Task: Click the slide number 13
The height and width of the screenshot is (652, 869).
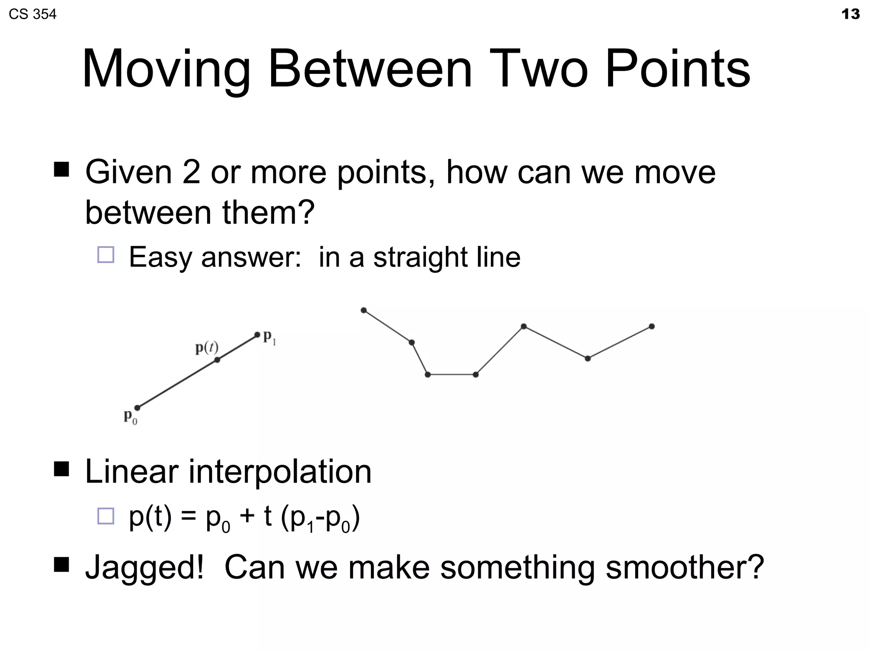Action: point(850,14)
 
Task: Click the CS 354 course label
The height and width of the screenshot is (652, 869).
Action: point(32,14)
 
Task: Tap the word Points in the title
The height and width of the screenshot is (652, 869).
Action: point(678,69)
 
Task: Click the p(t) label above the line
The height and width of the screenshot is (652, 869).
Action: point(207,348)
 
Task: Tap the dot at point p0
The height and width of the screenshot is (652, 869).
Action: point(137,408)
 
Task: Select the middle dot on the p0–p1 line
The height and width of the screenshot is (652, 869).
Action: point(217,360)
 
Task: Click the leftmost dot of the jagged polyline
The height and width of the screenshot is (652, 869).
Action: point(364,310)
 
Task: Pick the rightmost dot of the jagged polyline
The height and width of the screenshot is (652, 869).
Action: point(652,326)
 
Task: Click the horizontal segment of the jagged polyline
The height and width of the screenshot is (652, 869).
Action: point(451,374)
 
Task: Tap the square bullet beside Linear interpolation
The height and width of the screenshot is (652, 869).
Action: point(62,469)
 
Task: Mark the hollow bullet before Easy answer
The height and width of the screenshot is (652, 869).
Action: point(106,255)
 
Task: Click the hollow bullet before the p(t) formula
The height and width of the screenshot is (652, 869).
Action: point(106,516)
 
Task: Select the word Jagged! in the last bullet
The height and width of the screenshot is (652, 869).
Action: point(144,568)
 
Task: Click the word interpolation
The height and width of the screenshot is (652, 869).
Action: point(280,472)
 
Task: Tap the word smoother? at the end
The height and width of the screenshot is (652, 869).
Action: point(684,567)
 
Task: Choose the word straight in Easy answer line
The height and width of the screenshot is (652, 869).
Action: point(420,257)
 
